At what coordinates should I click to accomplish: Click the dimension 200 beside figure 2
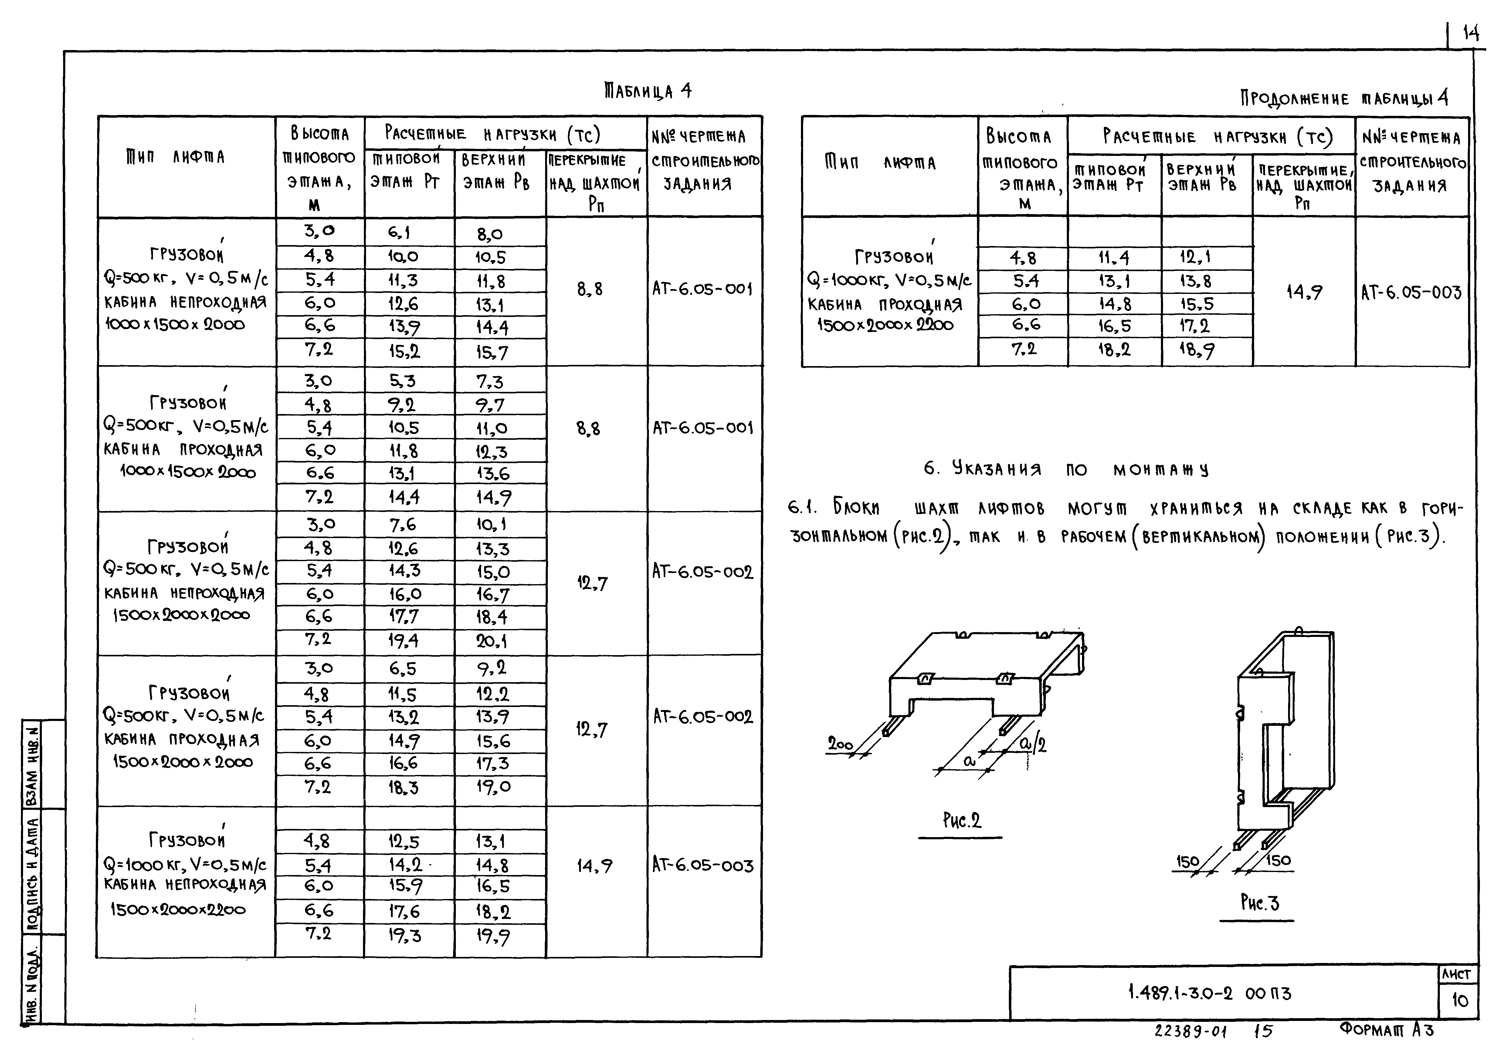(x=839, y=744)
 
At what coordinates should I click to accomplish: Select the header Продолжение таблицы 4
(x=1343, y=98)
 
